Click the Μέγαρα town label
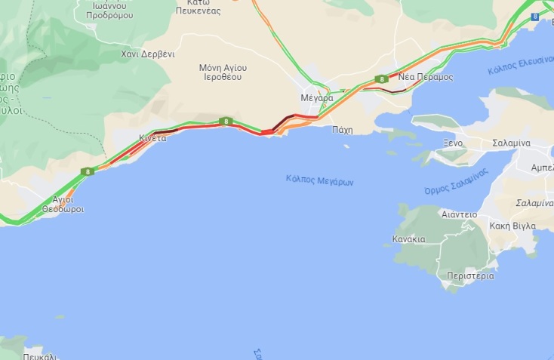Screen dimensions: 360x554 pos(316,97)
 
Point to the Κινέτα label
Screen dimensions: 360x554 pos(152,138)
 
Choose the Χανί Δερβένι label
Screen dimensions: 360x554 pos(148,54)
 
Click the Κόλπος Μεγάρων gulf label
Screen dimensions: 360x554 pos(320,180)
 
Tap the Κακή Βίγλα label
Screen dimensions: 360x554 pos(512,226)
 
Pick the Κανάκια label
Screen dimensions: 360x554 pos(408,239)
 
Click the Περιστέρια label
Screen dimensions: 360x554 pos(470,275)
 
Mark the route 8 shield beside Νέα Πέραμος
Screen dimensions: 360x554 pos(383,78)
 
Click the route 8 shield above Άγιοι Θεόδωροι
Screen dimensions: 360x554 pos(88,172)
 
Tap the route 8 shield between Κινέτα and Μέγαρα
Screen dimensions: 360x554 pos(224,121)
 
